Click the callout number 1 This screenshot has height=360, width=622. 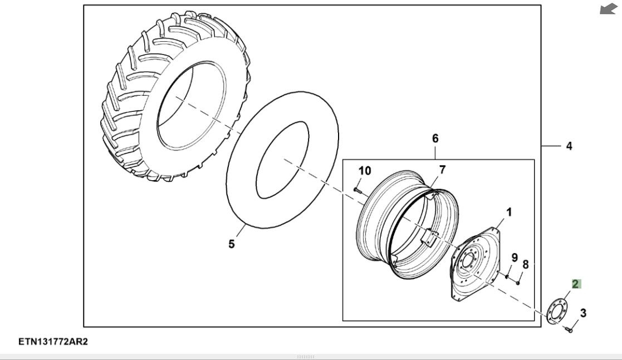509,212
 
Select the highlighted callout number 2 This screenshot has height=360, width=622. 576,284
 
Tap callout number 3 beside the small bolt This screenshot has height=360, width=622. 583,313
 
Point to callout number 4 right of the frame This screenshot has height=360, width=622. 569,146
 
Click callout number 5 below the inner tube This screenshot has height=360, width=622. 232,244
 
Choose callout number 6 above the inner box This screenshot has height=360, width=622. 435,138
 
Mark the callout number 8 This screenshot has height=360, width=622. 525,265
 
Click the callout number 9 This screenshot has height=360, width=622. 515,258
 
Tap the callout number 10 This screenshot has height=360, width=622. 364,171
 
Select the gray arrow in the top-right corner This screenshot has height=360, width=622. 609,9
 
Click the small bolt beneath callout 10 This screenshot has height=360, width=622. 356,190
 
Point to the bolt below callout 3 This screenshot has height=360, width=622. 569,329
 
